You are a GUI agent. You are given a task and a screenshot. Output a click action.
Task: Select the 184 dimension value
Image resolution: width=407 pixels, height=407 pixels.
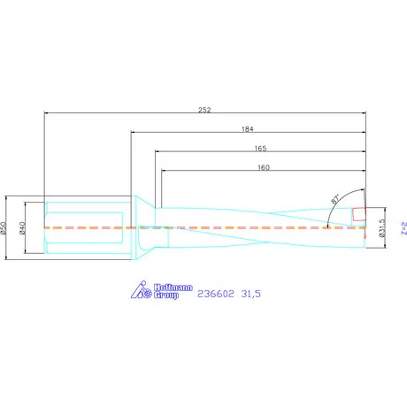click(248, 128)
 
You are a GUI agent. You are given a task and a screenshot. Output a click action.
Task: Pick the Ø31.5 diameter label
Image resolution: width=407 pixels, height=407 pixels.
click(381, 228)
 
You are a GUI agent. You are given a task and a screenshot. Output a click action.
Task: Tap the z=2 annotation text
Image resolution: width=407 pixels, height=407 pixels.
click(402, 231)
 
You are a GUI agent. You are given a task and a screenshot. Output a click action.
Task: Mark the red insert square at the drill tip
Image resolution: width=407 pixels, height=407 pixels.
click(359, 215)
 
